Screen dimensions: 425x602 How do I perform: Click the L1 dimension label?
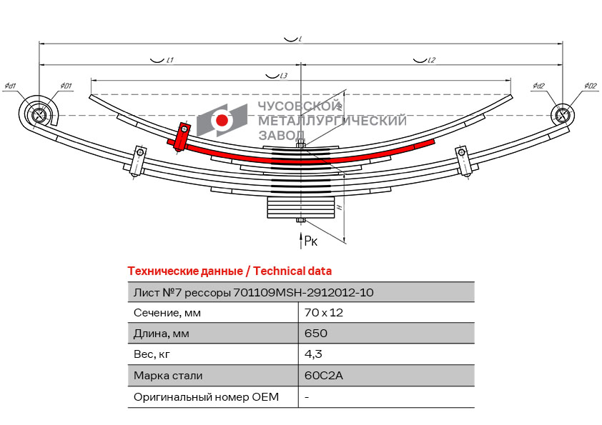pos(170,61)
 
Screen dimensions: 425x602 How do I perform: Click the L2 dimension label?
pos(431,61)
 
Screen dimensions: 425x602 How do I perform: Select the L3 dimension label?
pos(282,76)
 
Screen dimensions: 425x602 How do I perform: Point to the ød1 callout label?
pos(10,86)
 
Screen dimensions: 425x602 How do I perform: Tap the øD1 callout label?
pos(66,86)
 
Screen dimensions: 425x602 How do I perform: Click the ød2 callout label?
pos(538,86)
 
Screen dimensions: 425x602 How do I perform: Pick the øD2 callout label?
pos(590,86)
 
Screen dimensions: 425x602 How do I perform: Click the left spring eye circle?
pos(39,114)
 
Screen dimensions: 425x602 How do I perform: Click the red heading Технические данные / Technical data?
pos(229,271)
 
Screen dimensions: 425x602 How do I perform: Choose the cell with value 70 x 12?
pos(324,313)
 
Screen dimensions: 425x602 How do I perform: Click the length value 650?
pos(315,334)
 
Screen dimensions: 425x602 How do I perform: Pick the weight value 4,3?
pos(312,354)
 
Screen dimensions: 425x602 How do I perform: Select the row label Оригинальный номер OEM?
pos(206,396)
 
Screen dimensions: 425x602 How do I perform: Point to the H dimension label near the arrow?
pos(340,207)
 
